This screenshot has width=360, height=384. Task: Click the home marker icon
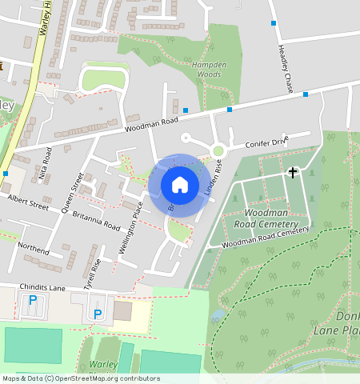pos(180,185)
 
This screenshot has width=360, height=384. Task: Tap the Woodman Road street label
pos(150,122)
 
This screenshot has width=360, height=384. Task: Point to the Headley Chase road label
pos(285,68)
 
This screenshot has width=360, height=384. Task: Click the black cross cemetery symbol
pos(293,172)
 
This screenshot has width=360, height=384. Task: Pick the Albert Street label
pos(29,200)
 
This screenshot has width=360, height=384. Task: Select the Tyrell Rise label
pos(93,274)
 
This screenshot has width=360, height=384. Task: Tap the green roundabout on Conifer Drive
pos(218,150)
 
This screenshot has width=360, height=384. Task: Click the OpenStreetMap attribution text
pos(80,378)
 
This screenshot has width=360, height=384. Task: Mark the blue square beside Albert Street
pos(6,173)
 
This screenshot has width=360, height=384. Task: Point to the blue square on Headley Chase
pos(274,23)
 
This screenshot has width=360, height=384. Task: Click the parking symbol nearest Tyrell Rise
pos(98,314)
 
